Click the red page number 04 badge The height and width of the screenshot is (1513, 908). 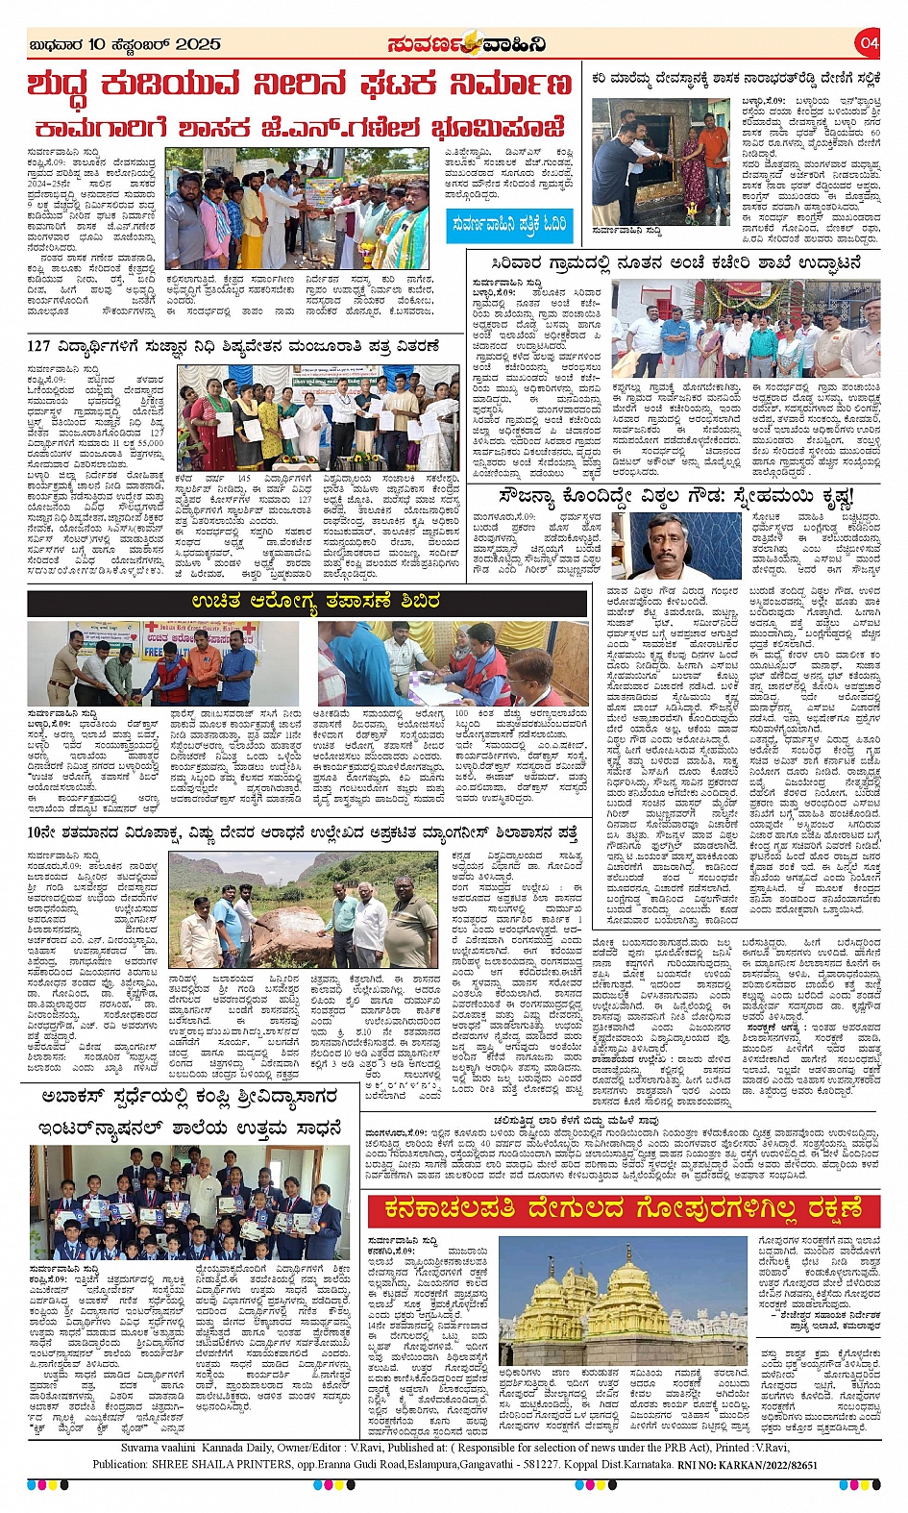tap(869, 43)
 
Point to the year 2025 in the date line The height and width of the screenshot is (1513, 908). tap(199, 44)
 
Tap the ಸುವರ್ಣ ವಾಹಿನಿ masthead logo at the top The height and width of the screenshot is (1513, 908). tap(467, 44)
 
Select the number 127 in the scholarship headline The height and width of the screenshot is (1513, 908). tap(39, 346)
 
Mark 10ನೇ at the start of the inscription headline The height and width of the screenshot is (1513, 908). tap(40, 832)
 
